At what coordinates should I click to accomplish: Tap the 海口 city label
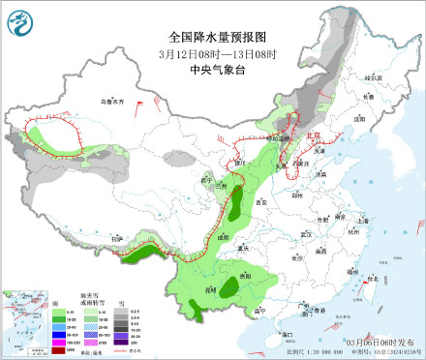pos(287,335)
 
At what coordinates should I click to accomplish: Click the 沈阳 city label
pos(363,118)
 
